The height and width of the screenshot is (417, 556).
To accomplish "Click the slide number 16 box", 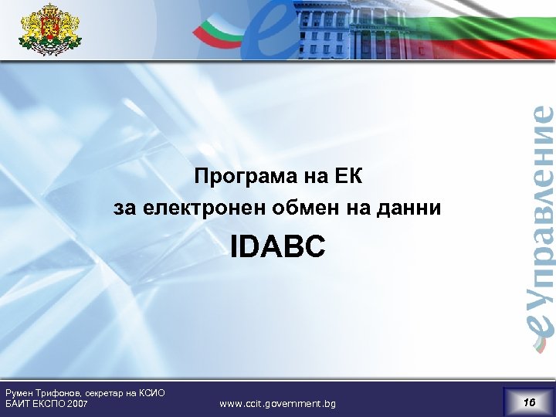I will click(529, 402).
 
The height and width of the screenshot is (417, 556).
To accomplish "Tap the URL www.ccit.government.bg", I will click(277, 404).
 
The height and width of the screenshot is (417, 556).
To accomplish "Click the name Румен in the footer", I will click(20, 393).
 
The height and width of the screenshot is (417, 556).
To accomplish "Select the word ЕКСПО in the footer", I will click(50, 404).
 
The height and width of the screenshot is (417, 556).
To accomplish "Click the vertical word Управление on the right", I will click(542, 201).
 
